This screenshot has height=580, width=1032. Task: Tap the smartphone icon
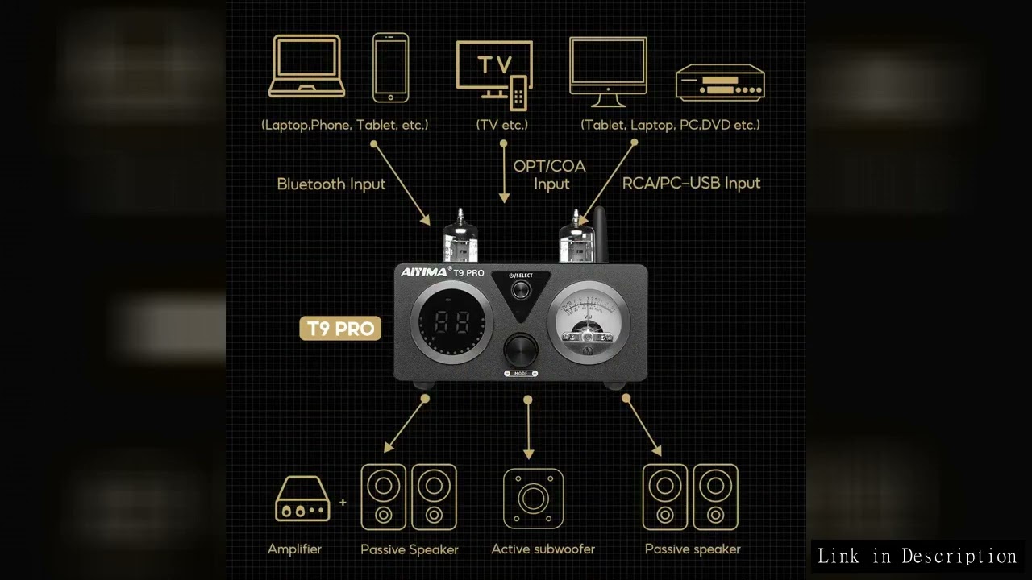click(390, 68)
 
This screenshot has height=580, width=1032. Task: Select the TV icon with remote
click(494, 73)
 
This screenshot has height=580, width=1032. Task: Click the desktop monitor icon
click(608, 72)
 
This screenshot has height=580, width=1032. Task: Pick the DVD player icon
click(720, 83)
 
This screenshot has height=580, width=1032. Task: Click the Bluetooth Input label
click(331, 184)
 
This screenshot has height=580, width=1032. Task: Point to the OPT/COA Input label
click(549, 175)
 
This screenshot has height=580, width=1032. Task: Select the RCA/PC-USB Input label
click(691, 183)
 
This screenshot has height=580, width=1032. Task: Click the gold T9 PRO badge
click(340, 329)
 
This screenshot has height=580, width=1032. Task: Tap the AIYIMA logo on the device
click(424, 272)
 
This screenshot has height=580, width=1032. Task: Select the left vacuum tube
click(460, 237)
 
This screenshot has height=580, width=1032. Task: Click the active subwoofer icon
click(533, 499)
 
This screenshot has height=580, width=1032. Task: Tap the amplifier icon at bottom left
click(302, 499)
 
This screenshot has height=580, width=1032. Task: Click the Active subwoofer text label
click(543, 549)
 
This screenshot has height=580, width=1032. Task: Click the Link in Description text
click(917, 556)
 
